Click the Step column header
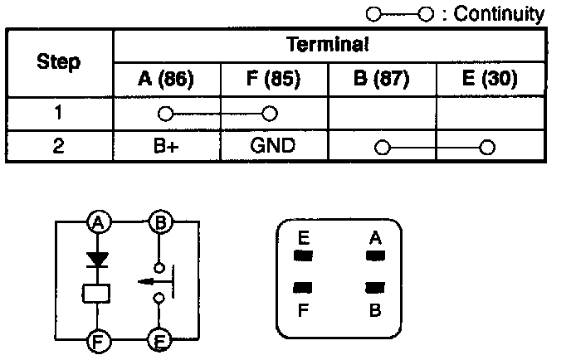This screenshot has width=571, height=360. (x=60, y=62)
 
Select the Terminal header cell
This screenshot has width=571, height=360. (x=328, y=44)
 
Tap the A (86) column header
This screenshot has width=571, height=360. (x=166, y=80)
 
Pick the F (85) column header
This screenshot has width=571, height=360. (x=274, y=80)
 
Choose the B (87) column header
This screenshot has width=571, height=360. (x=382, y=80)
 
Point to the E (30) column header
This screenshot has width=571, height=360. (x=490, y=80)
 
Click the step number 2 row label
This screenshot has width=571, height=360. (x=60, y=146)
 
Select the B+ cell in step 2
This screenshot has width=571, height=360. (x=166, y=146)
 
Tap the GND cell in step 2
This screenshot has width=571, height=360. (x=274, y=146)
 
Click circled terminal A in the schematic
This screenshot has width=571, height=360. (x=99, y=222)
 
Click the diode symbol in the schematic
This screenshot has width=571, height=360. (x=99, y=260)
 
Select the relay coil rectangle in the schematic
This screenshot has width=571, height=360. (x=98, y=292)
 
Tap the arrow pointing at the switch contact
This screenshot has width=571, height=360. (x=149, y=280)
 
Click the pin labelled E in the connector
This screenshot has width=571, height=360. (x=304, y=256)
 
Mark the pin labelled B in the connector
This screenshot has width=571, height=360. (x=375, y=287)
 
